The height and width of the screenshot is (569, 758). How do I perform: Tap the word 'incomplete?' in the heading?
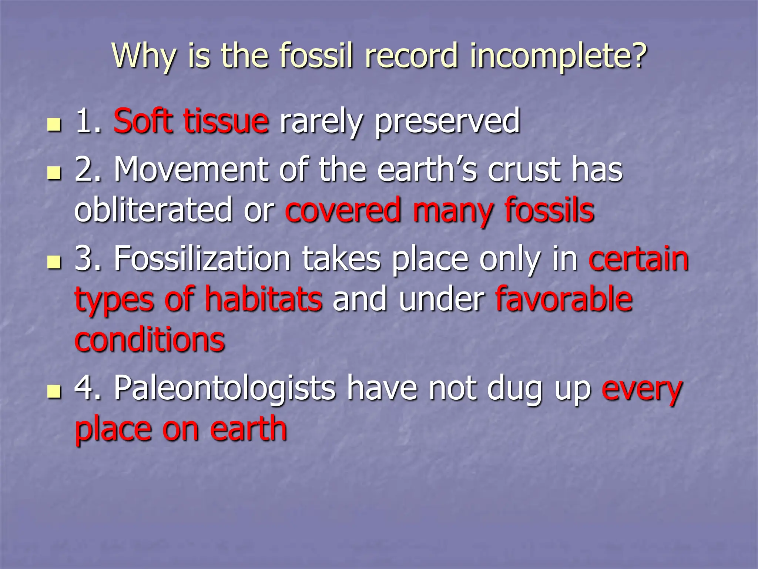[x=558, y=56]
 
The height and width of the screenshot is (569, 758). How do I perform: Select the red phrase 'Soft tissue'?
[x=191, y=121]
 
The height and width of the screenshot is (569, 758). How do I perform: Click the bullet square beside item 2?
[x=54, y=173]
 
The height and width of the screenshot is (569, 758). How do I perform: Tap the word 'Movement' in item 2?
[x=191, y=170]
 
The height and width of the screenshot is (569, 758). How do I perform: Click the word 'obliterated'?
[x=153, y=210]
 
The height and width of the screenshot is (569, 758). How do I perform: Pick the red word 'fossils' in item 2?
[x=549, y=210]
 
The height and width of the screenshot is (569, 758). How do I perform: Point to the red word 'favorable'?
[x=564, y=299]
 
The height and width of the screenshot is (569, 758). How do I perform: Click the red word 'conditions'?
[x=150, y=339]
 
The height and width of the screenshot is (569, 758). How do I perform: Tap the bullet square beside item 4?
[x=54, y=392]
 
